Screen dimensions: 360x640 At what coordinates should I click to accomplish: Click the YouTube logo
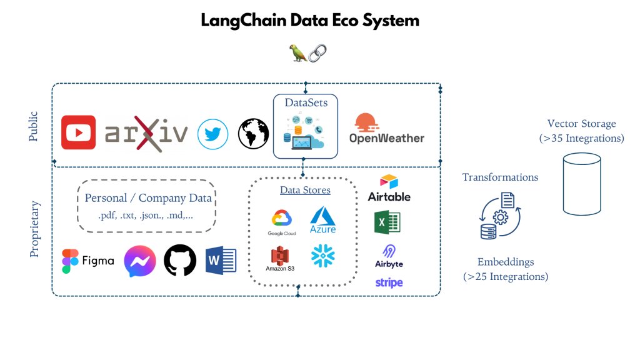click(x=78, y=132)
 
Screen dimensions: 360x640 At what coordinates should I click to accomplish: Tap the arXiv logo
click(x=146, y=134)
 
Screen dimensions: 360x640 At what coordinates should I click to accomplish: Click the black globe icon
click(x=253, y=134)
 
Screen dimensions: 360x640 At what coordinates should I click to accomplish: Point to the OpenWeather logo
click(x=386, y=129)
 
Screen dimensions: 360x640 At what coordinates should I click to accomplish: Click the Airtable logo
click(x=389, y=187)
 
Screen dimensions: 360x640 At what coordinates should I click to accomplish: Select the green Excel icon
click(x=387, y=222)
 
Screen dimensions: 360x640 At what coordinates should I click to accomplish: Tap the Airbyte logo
click(x=389, y=256)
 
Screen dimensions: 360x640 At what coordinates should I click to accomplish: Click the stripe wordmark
click(x=389, y=282)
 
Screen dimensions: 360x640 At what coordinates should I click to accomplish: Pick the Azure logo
click(x=322, y=221)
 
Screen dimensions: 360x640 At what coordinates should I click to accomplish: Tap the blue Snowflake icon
click(x=323, y=256)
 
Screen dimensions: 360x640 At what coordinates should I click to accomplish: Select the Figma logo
click(x=87, y=261)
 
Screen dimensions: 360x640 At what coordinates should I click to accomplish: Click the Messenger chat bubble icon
click(x=139, y=261)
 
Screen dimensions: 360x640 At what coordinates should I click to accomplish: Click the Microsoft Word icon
click(x=221, y=261)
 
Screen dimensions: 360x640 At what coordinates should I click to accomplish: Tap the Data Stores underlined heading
click(x=304, y=190)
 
